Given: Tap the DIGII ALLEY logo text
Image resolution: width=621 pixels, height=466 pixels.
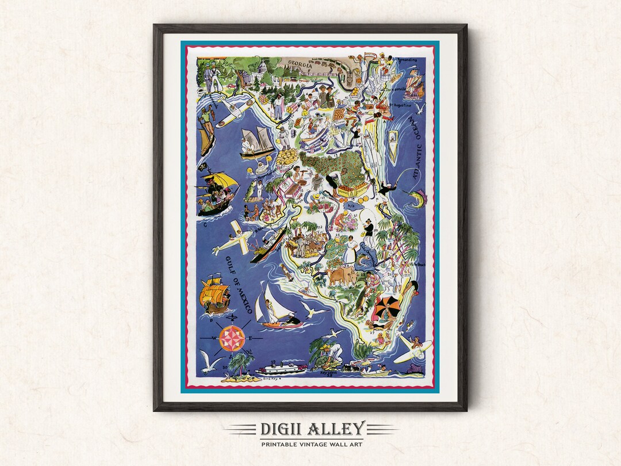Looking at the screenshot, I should pos(312,429).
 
